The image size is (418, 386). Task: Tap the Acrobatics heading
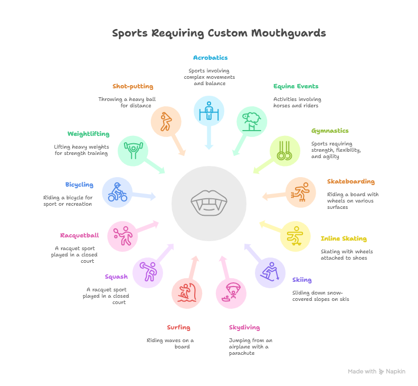(210, 58)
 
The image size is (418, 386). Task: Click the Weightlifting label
(88, 134)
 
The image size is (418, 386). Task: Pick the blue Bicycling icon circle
(117, 192)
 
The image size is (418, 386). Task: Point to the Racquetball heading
(79, 235)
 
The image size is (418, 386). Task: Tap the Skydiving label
(244, 327)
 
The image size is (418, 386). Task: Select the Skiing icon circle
(270, 273)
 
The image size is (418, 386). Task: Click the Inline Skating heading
(344, 238)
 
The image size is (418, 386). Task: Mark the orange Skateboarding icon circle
(301, 192)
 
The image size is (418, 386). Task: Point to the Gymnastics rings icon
(285, 151)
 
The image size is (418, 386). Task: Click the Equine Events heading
(296, 86)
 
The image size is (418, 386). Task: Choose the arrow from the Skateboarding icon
(273, 196)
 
